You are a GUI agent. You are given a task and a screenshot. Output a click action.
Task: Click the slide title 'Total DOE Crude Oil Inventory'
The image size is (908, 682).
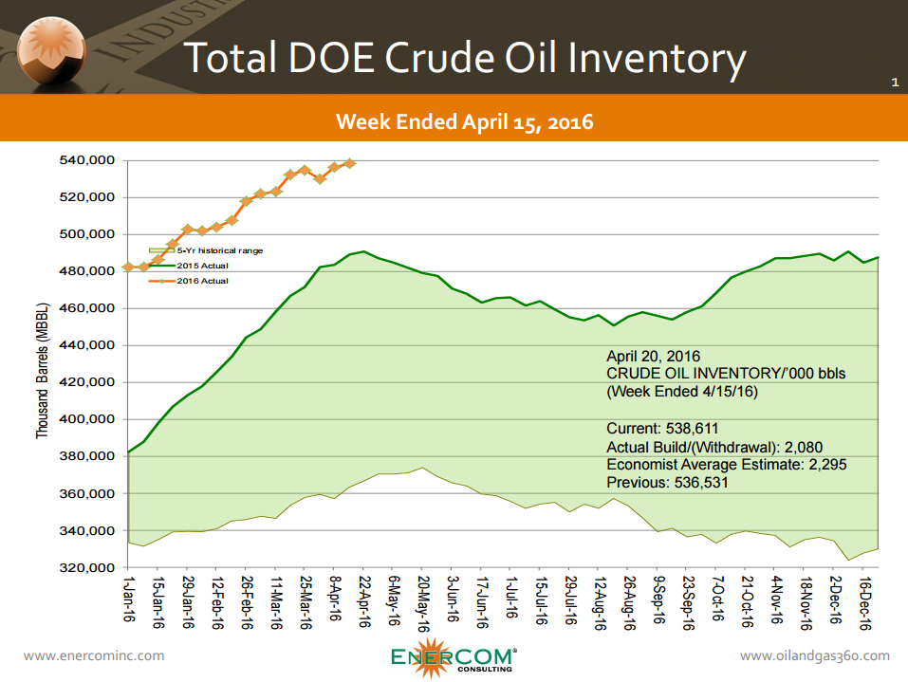pos(464,58)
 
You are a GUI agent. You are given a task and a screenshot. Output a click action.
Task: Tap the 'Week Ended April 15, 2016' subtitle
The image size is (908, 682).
pos(465,120)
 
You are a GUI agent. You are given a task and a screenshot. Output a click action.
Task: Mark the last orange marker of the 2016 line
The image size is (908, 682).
pos(350,163)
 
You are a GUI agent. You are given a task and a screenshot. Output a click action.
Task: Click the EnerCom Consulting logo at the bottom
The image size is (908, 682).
pos(454,658)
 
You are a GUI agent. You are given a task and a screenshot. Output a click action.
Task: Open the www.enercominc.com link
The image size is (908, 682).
pos(93,655)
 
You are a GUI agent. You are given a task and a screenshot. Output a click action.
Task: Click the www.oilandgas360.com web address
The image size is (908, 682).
pos(814,655)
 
